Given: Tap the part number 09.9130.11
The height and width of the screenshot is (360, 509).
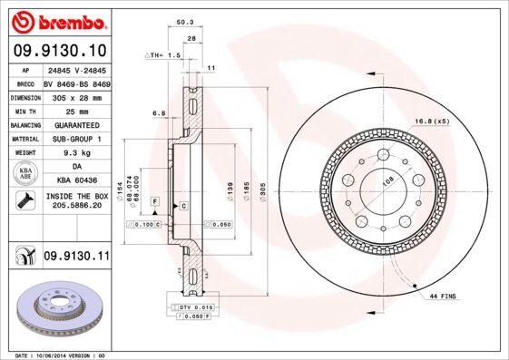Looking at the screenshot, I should [76, 257].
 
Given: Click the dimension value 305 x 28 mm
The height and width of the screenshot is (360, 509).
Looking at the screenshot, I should [76, 95].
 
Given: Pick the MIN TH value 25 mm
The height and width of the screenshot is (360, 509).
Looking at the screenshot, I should [76, 110].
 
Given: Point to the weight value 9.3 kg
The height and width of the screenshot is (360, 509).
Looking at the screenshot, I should [76, 153].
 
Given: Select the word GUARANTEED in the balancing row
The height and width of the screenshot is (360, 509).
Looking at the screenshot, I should [76, 124].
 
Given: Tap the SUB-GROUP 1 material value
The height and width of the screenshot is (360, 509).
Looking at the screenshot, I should [76, 139].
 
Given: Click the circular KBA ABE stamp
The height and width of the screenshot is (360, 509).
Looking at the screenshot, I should [24, 173].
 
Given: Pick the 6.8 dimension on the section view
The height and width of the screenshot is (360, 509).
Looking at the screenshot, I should [159, 113].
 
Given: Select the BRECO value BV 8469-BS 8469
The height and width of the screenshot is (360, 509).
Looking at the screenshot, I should [76, 82].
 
